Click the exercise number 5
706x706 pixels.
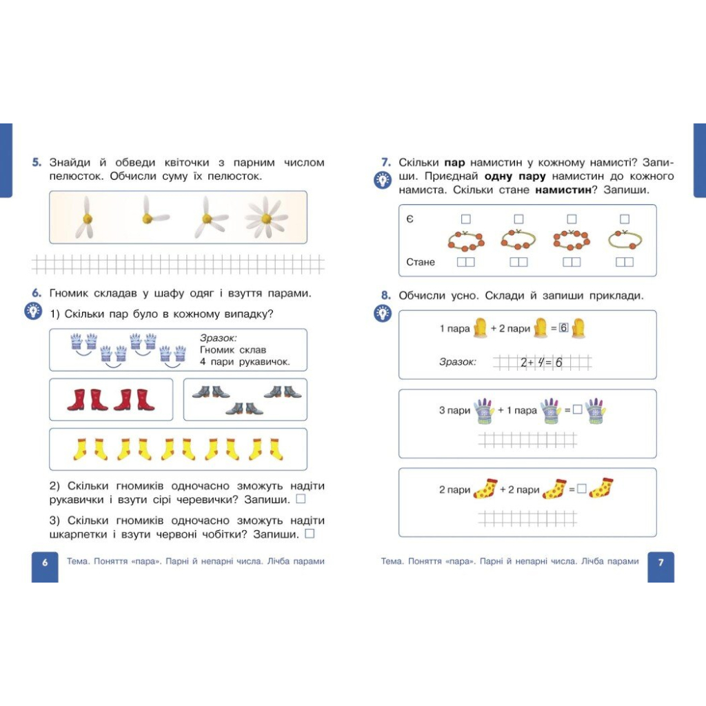pos(37,162)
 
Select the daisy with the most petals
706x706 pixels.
pos(266,217)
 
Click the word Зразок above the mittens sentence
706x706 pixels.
pos(219,338)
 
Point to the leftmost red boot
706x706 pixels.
pos(77,399)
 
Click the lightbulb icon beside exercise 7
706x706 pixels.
pos(383,181)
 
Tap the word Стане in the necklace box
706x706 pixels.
pos(421,262)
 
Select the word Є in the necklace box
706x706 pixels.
pos(410,219)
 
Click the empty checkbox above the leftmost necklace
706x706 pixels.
pos(466,219)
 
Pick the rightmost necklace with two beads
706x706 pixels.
pos(625,239)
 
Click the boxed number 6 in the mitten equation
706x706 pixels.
pos(564,327)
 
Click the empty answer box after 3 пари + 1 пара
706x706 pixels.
pos(578,410)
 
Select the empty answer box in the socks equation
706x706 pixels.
pos(582,489)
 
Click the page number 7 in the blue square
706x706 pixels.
pos(660,563)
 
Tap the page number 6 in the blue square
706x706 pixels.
pos(45,563)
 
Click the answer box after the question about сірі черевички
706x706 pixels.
pos(301,499)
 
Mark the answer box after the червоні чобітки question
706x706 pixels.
pos(310,534)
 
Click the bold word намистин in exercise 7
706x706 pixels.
pos(563,190)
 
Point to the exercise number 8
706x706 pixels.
pos(386,295)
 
